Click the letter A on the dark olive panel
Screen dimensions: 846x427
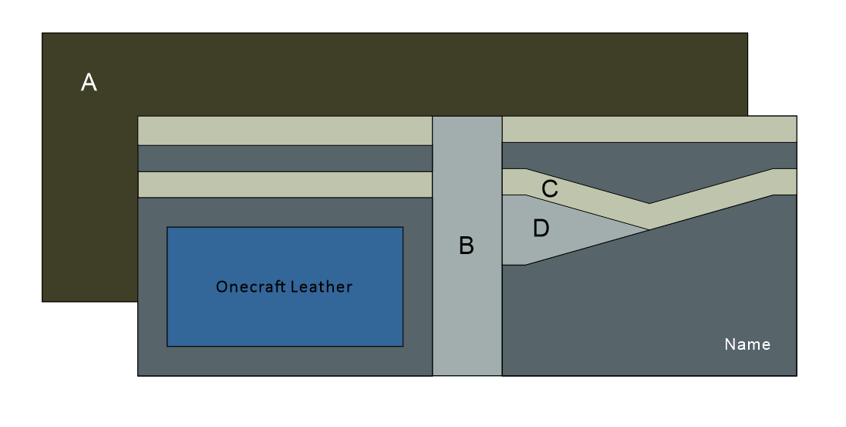tap(89, 83)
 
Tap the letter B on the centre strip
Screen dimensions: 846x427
tap(467, 246)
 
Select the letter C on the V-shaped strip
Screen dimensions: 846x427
tap(550, 188)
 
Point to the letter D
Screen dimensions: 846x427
tap(541, 228)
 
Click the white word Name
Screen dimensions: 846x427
tap(747, 344)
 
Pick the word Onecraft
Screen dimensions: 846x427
tap(251, 287)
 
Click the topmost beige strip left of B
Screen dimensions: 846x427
tap(285, 130)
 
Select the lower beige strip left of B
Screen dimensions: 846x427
tap(285, 185)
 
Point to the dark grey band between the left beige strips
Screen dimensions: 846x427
tap(285, 158)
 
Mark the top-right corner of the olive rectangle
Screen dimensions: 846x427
tap(747, 33)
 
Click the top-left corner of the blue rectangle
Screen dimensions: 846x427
tap(167, 228)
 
